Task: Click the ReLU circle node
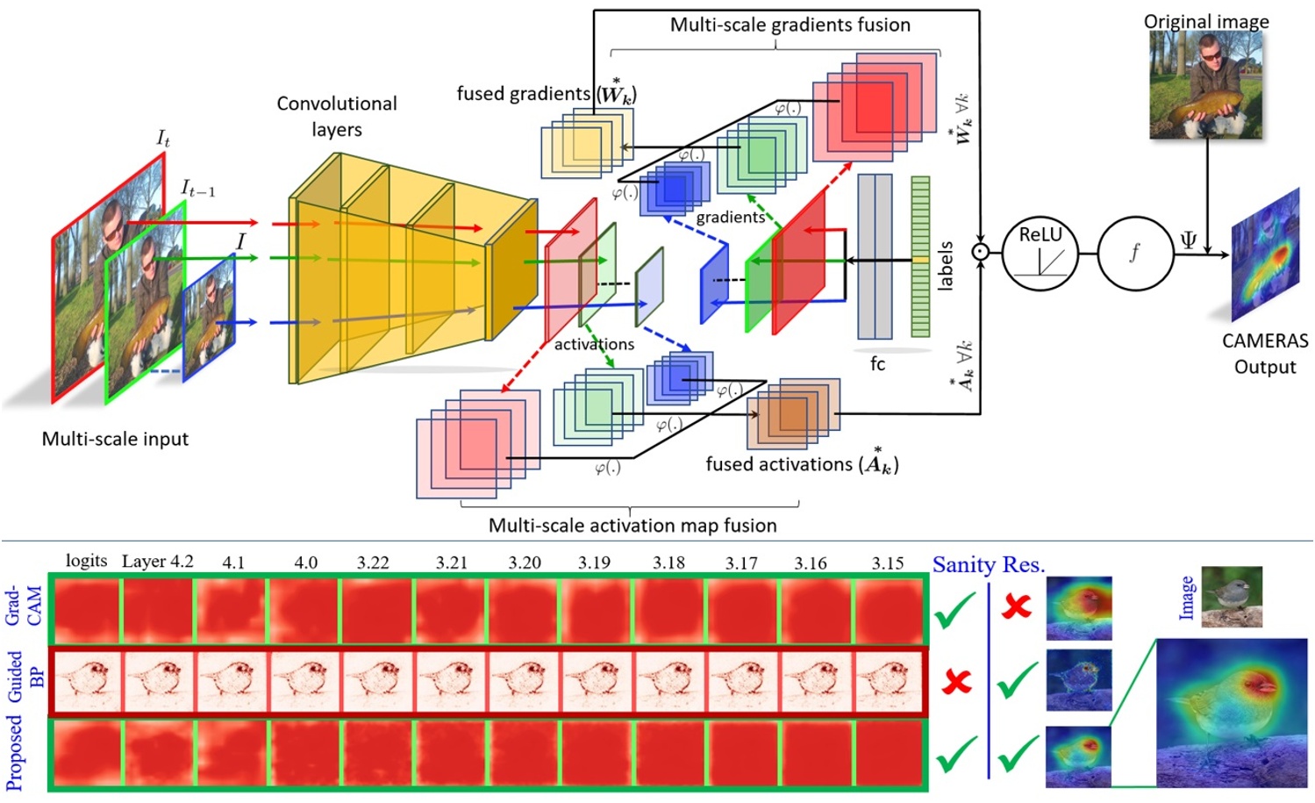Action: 1040,254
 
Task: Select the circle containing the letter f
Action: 1135,254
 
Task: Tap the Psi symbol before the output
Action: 1189,240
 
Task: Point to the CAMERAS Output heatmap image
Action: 1267,255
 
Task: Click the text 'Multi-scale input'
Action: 115,439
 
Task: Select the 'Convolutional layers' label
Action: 337,116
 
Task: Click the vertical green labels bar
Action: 919,256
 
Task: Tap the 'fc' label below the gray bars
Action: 877,363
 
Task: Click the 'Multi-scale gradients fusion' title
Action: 790,25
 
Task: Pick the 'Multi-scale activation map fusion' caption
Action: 632,526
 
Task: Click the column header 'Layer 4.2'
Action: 157,562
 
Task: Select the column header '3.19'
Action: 594,563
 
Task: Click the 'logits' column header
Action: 86,562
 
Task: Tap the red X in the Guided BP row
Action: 956,681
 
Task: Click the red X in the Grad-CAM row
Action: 1017,606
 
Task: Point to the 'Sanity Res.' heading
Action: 989,565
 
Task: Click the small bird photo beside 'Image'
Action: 1232,597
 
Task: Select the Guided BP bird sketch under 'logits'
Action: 86,680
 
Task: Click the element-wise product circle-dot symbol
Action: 980,253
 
